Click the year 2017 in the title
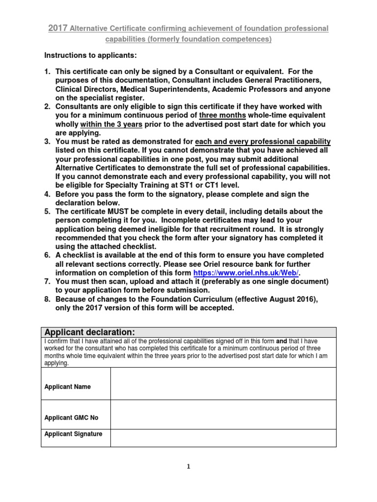tap(58, 28)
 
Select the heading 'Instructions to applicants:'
tap(91, 55)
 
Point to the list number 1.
tap(48, 72)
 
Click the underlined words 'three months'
tap(222, 116)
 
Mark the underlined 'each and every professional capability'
tap(263, 142)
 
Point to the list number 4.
tap(48, 194)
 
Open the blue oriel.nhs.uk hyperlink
tap(246, 273)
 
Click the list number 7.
tap(48, 281)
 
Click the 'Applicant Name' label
tap(67, 387)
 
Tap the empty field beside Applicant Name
tap(223, 383)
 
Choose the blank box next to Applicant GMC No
tap(223, 415)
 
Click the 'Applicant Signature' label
tap(73, 434)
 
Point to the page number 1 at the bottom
tap(188, 467)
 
